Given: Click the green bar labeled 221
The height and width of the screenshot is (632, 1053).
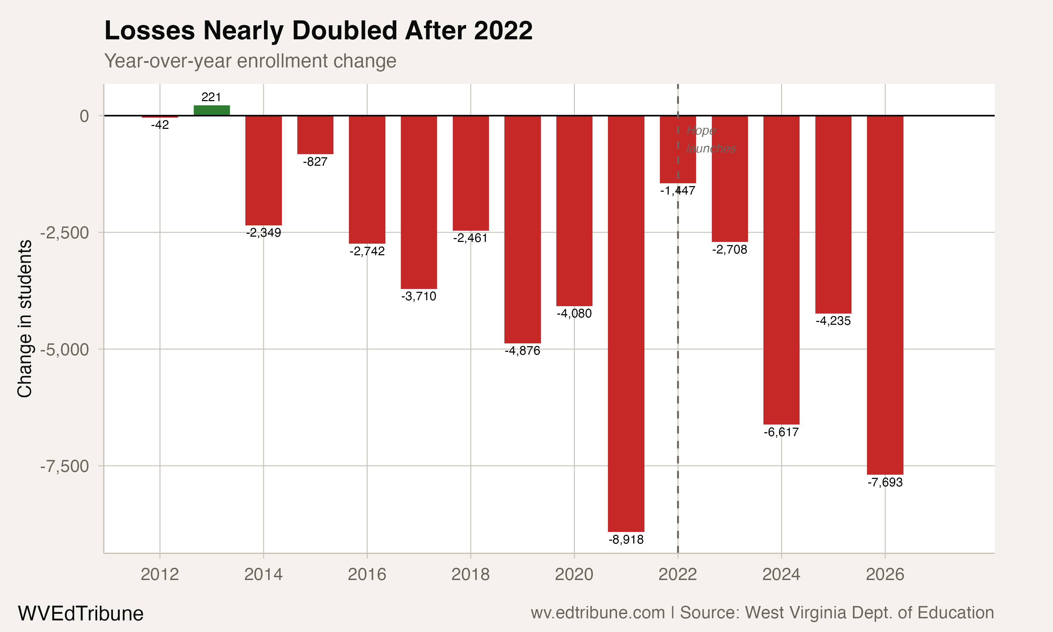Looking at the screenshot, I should (x=212, y=110).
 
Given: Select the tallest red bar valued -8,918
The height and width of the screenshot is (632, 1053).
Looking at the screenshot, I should (x=626, y=324).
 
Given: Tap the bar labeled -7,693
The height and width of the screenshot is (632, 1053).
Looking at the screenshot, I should (x=885, y=295).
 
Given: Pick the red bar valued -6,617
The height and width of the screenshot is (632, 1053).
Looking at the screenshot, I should (x=781, y=270).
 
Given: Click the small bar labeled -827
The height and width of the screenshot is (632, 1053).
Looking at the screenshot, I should (x=315, y=134).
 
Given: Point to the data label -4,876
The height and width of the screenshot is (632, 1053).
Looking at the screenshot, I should (x=522, y=351).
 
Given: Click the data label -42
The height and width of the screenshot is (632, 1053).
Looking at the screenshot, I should (x=160, y=125).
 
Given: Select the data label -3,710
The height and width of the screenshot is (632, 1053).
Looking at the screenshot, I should (x=418, y=296).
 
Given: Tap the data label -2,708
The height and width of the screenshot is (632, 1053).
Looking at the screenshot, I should (x=729, y=250).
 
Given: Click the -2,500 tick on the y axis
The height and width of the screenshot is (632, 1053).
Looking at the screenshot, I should (x=65, y=233).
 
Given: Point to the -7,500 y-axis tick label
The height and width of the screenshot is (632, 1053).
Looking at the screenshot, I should (x=65, y=466).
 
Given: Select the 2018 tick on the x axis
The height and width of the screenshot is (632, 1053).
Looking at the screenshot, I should (x=470, y=574).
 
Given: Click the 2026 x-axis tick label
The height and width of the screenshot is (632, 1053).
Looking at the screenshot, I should (x=885, y=574).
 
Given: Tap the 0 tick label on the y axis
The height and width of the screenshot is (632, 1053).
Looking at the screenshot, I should (x=84, y=116).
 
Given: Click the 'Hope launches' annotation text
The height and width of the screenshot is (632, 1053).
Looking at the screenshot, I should (x=710, y=139).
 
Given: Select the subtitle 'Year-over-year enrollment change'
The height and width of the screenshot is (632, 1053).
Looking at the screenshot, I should (x=250, y=61).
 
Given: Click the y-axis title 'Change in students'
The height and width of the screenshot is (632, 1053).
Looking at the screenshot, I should (x=25, y=318).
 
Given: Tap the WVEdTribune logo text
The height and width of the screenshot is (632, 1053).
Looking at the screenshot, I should (x=80, y=614).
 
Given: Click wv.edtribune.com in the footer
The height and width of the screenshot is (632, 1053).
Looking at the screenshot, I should (x=598, y=613).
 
